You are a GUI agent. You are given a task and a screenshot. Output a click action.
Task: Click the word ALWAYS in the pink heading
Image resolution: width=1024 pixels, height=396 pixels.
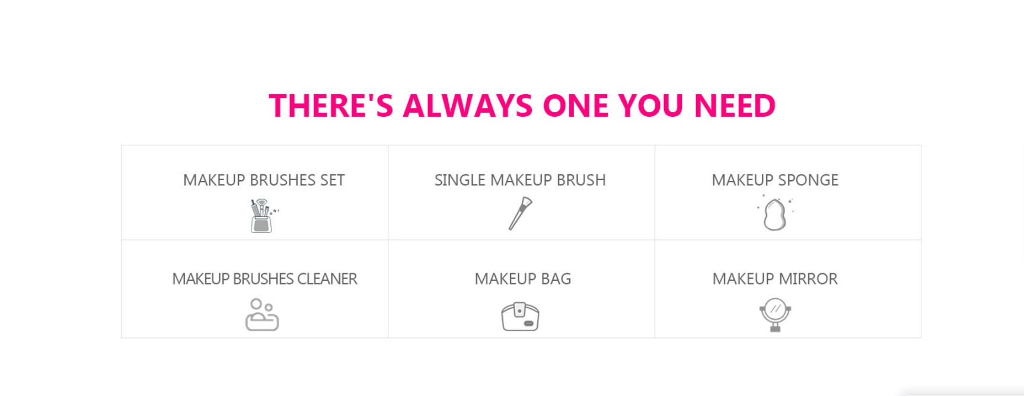(468, 106)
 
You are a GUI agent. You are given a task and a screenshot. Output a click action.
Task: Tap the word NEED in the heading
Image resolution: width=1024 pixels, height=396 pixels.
(735, 106)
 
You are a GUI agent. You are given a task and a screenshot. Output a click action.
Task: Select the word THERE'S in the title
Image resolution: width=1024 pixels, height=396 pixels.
(331, 106)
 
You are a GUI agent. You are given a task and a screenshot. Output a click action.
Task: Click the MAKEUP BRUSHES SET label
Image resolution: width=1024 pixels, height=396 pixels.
(264, 180)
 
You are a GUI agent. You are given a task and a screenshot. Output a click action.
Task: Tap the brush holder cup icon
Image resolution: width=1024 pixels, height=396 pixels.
(263, 216)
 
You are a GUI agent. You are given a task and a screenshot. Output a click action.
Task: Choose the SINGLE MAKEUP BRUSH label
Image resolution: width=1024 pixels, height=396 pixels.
(520, 180)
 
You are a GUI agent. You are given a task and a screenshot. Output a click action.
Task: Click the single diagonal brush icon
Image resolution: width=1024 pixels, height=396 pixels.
(521, 213)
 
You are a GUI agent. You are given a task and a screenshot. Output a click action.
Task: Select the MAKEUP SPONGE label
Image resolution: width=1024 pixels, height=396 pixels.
(775, 180)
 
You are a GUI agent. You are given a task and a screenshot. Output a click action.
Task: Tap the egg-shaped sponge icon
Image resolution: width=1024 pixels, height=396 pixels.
(774, 214)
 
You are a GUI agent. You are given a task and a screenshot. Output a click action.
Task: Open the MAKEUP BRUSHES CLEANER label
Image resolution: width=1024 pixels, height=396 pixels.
(264, 279)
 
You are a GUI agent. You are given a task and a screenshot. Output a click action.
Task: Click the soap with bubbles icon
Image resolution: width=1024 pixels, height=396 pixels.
(262, 315)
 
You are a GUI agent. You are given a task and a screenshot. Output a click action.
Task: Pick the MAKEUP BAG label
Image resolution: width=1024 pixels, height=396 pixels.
(522, 279)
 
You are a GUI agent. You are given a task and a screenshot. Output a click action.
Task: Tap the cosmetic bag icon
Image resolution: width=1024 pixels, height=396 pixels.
(520, 316)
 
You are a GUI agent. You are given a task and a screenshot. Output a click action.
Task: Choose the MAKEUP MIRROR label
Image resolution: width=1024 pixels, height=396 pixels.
(775, 279)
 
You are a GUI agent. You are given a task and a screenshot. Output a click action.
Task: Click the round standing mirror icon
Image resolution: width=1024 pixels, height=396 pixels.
(775, 315)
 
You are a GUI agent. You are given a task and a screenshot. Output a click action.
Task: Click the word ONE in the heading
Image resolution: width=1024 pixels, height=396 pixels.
(575, 106)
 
